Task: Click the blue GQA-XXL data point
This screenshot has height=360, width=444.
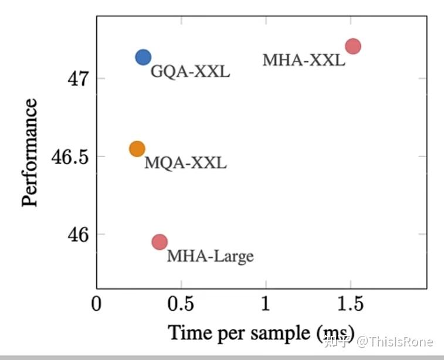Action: click(143, 57)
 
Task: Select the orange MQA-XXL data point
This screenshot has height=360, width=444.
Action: click(137, 149)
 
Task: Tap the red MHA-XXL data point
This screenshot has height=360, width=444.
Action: click(353, 46)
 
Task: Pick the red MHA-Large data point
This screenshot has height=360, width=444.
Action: click(160, 242)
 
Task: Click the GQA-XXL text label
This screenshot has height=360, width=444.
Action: click(190, 73)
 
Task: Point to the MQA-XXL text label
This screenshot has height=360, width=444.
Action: click(185, 163)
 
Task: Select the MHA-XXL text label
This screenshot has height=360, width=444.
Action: click(303, 60)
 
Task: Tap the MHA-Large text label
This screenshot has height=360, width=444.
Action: click(210, 256)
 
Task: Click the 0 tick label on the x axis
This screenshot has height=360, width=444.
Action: click(97, 305)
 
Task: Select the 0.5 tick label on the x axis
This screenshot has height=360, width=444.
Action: click(181, 305)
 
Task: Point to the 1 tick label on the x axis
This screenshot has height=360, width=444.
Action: click(266, 305)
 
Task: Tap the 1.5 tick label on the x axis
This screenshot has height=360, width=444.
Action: click(350, 305)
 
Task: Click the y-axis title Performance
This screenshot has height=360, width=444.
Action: click(30, 152)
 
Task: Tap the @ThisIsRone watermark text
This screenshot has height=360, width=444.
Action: click(396, 341)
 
